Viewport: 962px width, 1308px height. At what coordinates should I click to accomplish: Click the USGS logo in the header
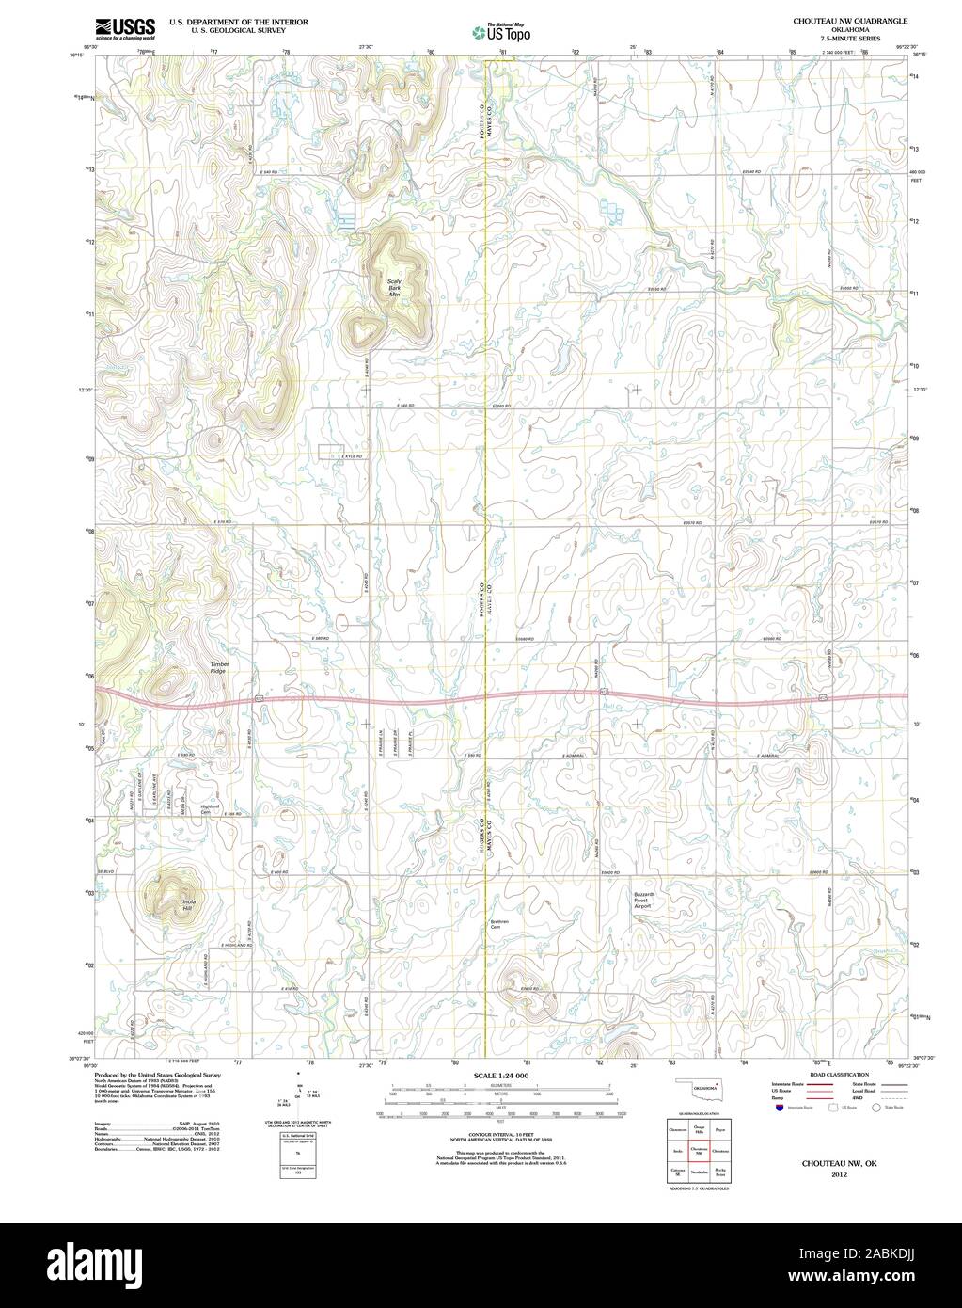(125, 29)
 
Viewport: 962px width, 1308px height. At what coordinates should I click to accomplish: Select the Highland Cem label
(210, 809)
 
